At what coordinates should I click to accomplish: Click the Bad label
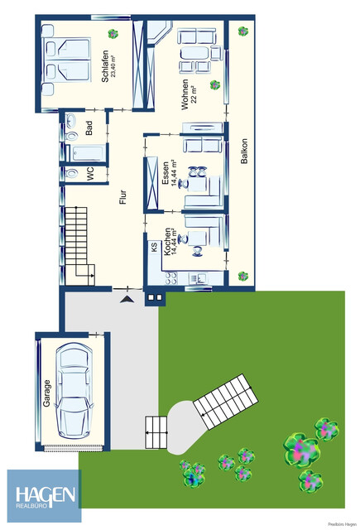[89, 128]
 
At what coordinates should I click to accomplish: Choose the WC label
[89, 173]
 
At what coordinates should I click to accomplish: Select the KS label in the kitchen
[154, 246]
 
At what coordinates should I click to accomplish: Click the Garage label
[47, 390]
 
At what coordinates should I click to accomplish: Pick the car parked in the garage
[74, 390]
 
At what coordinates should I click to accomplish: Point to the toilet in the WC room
[70, 174]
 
